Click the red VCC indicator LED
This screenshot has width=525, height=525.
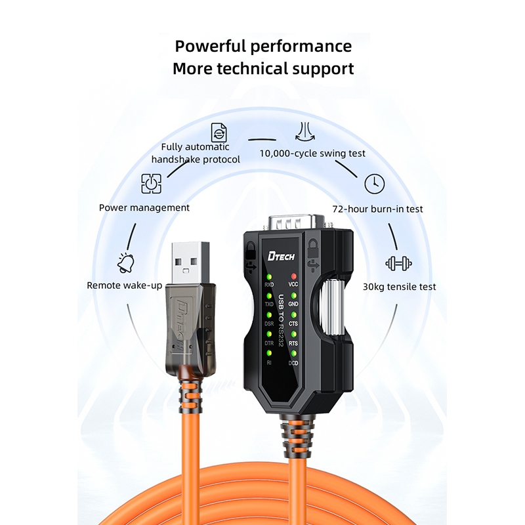[x=293, y=276]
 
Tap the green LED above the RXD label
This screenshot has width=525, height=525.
[x=269, y=277]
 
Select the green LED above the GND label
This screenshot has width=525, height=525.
[x=293, y=296]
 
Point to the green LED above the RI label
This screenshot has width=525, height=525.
[x=269, y=353]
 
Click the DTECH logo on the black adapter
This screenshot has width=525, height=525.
[x=281, y=256]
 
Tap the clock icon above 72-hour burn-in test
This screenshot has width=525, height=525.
[x=374, y=184]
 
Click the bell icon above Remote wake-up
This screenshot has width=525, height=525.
[x=126, y=263]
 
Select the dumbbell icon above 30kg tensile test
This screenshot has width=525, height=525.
[x=398, y=264]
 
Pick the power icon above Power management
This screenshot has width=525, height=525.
[x=151, y=184]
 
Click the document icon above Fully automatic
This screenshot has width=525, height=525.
[x=219, y=133]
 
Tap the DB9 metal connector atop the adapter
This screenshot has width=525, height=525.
[x=297, y=222]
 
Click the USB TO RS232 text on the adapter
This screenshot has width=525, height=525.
[x=282, y=322]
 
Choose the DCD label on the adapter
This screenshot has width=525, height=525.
[x=293, y=363]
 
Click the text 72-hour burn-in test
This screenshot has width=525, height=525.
[x=377, y=209]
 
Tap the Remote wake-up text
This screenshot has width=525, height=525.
[x=124, y=285]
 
